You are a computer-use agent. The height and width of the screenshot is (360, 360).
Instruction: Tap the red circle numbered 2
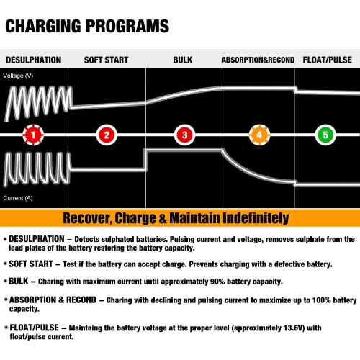[107, 135]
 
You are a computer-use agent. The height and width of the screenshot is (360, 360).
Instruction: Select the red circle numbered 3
[185, 135]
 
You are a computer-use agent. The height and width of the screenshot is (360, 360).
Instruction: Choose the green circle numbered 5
[325, 135]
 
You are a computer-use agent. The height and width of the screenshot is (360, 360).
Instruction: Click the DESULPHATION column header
[33, 60]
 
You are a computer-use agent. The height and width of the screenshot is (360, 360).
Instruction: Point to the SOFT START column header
[107, 60]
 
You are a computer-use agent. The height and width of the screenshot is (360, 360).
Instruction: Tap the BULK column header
[183, 60]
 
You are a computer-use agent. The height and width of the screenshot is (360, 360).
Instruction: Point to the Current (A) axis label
[18, 197]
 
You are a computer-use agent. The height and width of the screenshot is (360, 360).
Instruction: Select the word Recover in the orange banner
[88, 217]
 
